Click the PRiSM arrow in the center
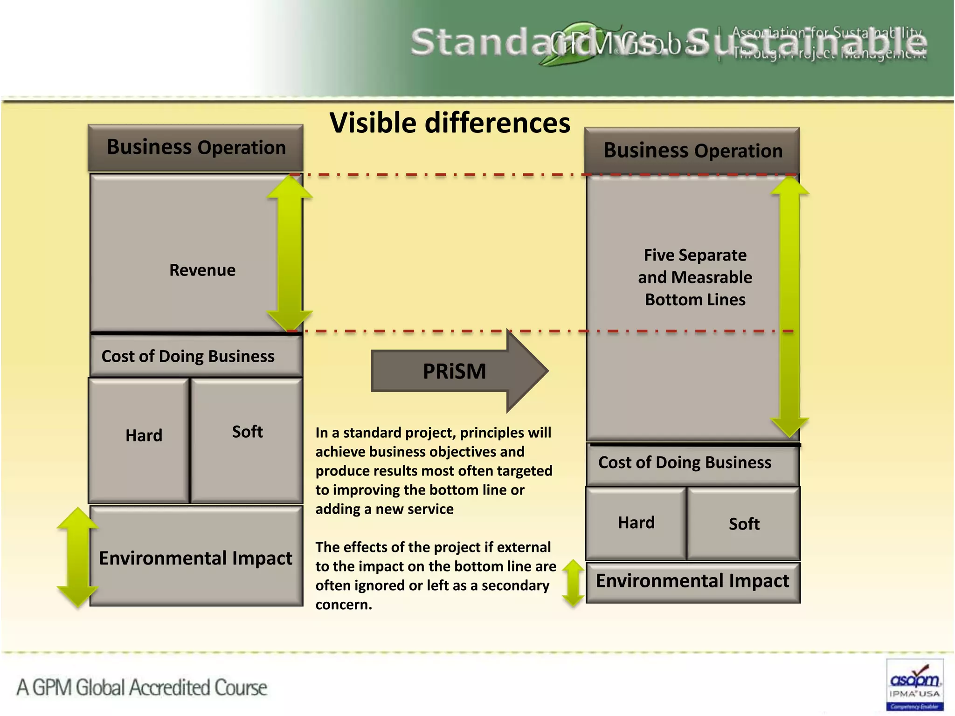pyautogui.click(x=455, y=372)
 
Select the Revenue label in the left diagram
pyautogui.click(x=202, y=270)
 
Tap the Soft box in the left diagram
pyautogui.click(x=247, y=440)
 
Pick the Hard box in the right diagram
pyautogui.click(x=636, y=523)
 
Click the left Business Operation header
pyautogui.click(x=196, y=147)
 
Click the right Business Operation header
pyautogui.click(x=692, y=151)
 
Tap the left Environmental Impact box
pyautogui.click(x=196, y=558)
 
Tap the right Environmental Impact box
pyautogui.click(x=692, y=581)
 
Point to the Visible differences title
pyautogui.click(x=450, y=123)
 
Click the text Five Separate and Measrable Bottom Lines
pyautogui.click(x=695, y=277)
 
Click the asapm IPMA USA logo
pyautogui.click(x=914, y=684)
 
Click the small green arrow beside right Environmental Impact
pyautogui.click(x=573, y=583)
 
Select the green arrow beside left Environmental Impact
pyautogui.click(x=77, y=558)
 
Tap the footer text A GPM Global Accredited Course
pyautogui.click(x=142, y=688)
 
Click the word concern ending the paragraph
pyautogui.click(x=343, y=605)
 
